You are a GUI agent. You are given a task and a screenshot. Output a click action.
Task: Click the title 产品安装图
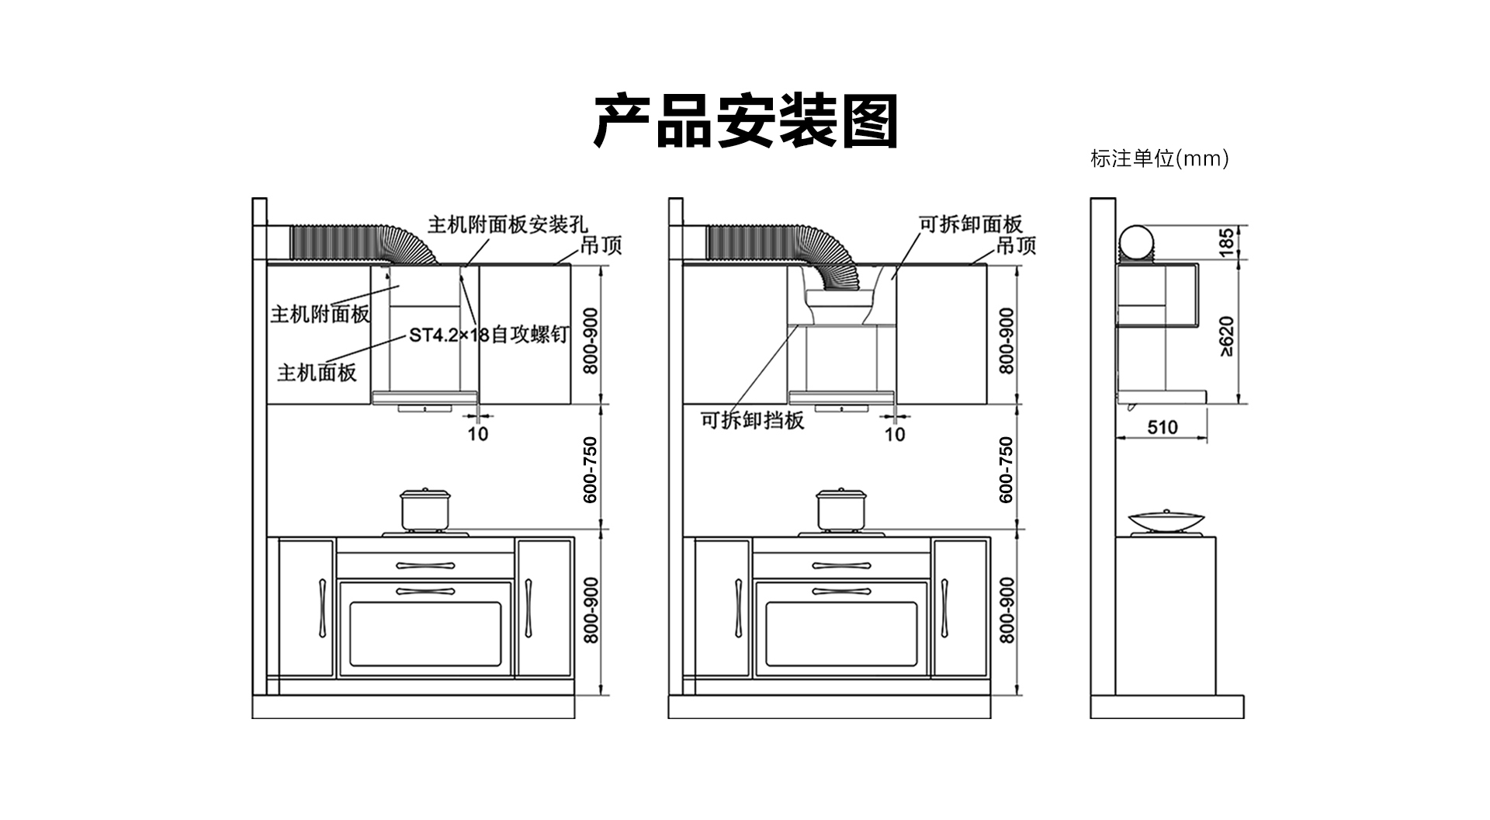click(x=745, y=121)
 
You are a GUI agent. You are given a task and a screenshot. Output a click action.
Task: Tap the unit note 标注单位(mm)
click(x=1159, y=159)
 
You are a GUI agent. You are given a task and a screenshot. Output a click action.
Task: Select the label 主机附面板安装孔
click(x=508, y=224)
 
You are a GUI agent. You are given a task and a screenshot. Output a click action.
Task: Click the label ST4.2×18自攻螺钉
click(x=489, y=335)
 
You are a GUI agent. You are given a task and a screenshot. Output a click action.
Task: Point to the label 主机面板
click(x=317, y=373)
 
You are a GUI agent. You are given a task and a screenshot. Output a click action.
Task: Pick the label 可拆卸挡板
click(x=752, y=420)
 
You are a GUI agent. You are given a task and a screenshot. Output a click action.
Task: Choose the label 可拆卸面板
click(x=971, y=224)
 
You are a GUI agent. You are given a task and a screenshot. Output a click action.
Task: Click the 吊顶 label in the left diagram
click(x=601, y=245)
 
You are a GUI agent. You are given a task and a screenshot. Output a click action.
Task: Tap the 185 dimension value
click(x=1226, y=242)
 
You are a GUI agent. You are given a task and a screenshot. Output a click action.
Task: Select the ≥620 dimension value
click(x=1226, y=336)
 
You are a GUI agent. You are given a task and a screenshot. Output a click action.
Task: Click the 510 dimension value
click(x=1162, y=427)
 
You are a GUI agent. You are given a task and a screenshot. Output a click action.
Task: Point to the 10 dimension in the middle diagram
click(x=895, y=434)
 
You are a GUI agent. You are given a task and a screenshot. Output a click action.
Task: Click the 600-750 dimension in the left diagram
click(x=591, y=469)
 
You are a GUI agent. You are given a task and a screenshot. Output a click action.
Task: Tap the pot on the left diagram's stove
click(x=424, y=509)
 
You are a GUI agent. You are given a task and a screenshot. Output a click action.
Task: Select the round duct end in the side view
click(x=1135, y=243)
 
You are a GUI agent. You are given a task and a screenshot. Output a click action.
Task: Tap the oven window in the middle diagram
click(x=841, y=634)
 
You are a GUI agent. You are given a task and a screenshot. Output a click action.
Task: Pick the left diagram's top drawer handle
click(x=424, y=565)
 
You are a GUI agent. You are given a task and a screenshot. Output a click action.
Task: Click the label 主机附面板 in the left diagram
click(x=320, y=314)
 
